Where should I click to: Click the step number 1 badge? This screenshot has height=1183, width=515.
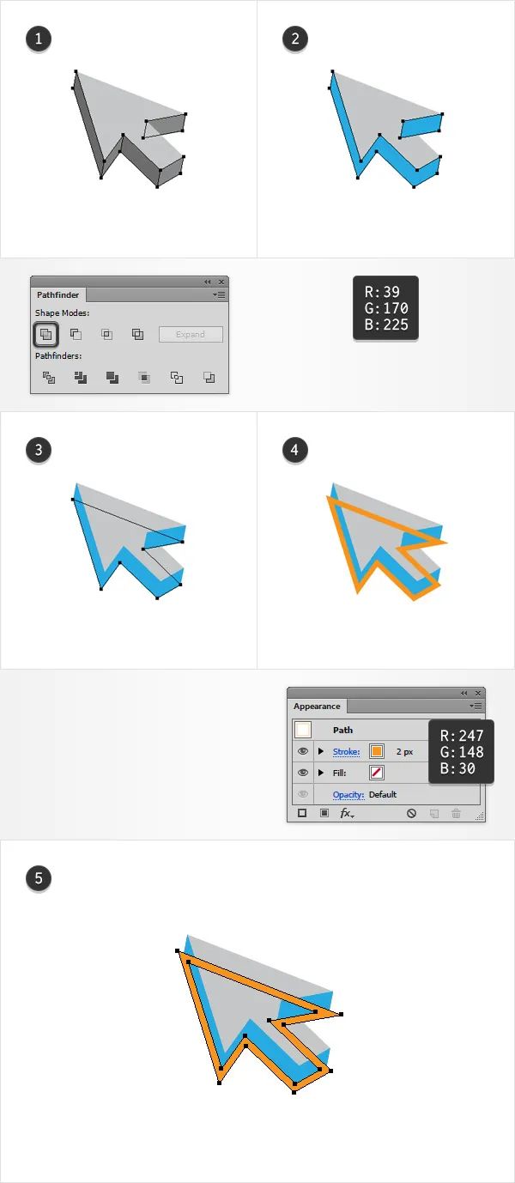point(38,39)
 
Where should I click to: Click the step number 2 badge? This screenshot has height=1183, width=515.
point(294,39)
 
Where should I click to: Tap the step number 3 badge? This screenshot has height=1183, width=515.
point(38,450)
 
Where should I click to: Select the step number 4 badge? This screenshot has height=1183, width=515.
point(294,450)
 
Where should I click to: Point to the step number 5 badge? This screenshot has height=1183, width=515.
point(38,878)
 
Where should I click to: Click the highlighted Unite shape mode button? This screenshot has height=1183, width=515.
point(46,334)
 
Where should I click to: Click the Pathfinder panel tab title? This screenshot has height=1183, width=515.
point(58,294)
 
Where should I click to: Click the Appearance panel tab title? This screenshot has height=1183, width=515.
point(317,706)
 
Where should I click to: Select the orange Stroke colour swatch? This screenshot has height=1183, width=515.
point(377,751)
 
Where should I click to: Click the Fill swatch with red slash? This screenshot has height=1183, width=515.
point(377,773)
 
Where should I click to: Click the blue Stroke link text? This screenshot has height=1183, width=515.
point(346,751)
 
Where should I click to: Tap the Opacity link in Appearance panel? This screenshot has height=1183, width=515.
point(348,794)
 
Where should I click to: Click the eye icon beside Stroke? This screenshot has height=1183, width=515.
point(303,751)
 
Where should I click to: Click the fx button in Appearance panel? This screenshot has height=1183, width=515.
point(347,813)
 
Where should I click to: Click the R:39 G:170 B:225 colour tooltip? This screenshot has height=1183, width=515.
point(385,308)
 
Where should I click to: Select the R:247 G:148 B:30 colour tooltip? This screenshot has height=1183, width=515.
point(461,751)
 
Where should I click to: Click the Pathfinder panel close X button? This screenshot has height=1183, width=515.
point(221,282)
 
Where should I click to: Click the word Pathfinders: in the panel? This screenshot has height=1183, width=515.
point(58,356)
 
